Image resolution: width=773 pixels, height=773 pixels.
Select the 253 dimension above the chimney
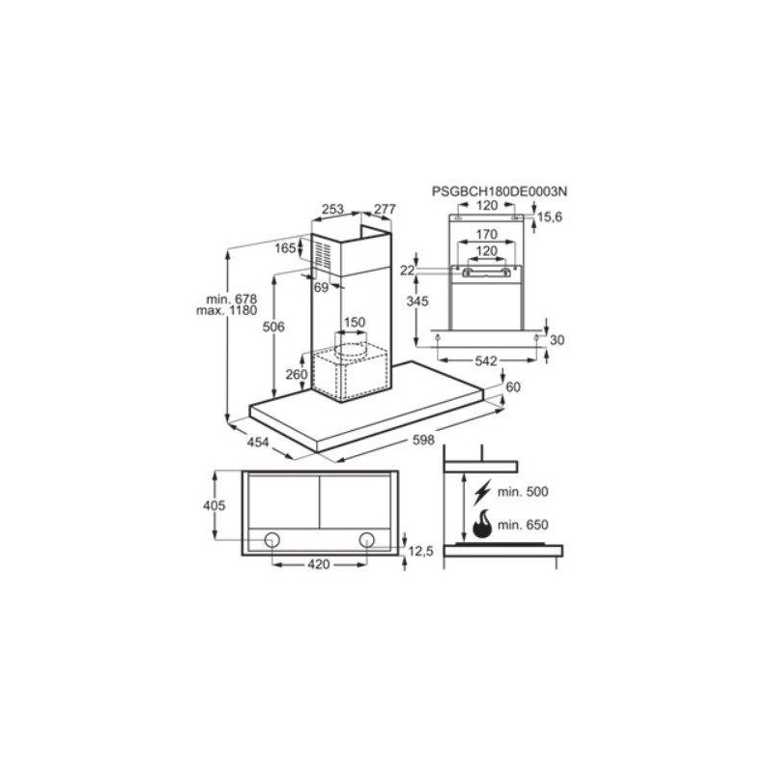click(331, 209)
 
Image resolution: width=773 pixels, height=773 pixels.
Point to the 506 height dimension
click(273, 328)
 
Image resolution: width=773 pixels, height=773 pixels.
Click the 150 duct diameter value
click(355, 322)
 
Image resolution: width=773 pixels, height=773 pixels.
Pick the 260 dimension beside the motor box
click(297, 375)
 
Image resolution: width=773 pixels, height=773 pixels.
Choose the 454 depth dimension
click(257, 443)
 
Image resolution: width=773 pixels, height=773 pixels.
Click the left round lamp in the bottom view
click(273, 539)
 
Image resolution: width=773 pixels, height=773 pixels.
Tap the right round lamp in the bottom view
click(367, 539)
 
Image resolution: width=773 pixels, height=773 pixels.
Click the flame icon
click(481, 525)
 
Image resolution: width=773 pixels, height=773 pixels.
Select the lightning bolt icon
click(482, 491)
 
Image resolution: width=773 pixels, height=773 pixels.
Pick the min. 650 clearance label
click(523, 525)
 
